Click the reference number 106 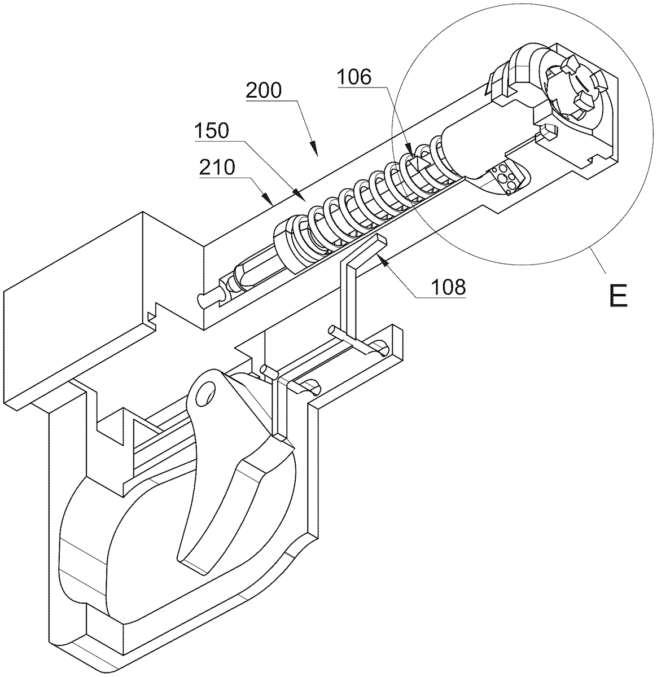point(354,77)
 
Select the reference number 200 point(264,90)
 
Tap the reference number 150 point(212,131)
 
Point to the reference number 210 point(217,167)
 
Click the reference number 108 point(448,287)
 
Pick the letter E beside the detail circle point(619,296)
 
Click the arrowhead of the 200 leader point(313,147)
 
